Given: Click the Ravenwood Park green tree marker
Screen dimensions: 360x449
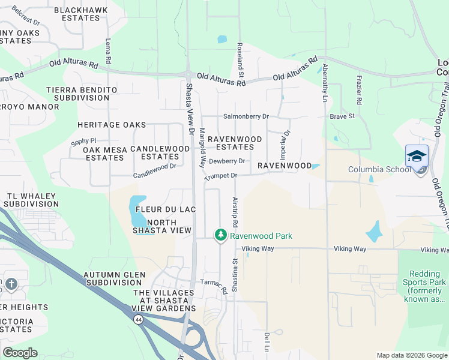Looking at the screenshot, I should pos(221,235).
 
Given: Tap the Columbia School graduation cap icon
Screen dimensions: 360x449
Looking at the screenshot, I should pos(417,156).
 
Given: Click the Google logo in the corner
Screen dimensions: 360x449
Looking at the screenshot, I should pos(20,353).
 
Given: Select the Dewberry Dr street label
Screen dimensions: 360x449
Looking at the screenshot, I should pos(227,161).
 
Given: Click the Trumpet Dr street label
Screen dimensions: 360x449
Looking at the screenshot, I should pos(221,176).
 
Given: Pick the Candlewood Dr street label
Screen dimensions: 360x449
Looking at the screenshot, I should pos(154,167).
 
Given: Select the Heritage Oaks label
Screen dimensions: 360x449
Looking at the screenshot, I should pos(112,125).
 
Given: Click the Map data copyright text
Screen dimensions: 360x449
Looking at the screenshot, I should pos(411,355).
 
